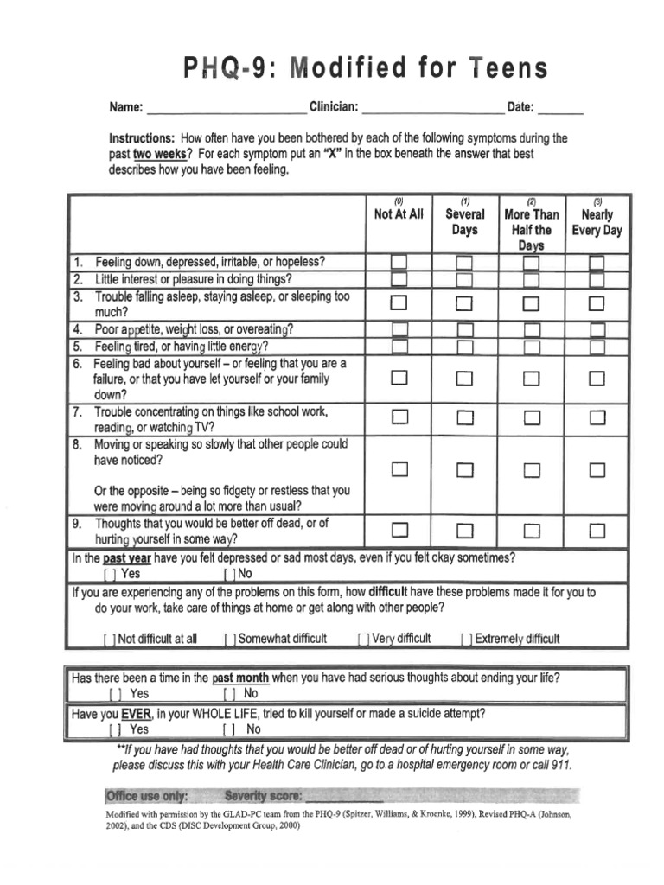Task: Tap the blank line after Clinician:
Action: pos(432,110)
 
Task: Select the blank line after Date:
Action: pos(560,110)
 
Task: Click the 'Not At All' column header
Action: pos(399,214)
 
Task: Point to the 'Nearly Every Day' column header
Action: pos(597,222)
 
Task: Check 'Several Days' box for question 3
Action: pos(464,303)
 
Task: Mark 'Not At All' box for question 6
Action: pos(399,378)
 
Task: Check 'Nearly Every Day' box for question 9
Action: pos(597,530)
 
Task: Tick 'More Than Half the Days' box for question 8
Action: pos(531,470)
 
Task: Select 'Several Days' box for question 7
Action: pos(464,418)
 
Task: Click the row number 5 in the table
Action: pos(78,346)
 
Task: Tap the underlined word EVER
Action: pos(136,714)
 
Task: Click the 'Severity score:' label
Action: pos(263,795)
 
